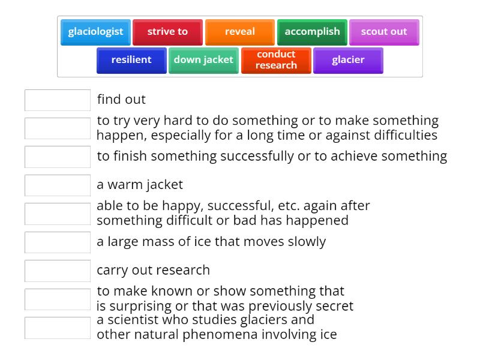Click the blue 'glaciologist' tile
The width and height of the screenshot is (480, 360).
[95, 32]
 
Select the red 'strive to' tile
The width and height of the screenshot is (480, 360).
[167, 32]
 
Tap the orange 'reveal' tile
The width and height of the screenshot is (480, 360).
[240, 32]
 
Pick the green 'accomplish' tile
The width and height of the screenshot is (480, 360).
[312, 32]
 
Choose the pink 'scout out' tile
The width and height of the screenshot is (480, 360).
[384, 32]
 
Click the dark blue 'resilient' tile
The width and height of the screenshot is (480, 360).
[131, 60]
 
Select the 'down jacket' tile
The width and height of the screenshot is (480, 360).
[203, 60]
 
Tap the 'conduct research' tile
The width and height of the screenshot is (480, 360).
[276, 60]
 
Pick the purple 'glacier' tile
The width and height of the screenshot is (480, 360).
[348, 60]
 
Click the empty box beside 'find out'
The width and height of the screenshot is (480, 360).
[58, 100]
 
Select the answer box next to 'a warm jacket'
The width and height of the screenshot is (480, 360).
[58, 185]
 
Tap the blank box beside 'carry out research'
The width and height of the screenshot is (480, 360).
[58, 271]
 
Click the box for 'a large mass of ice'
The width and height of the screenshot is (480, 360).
[58, 242]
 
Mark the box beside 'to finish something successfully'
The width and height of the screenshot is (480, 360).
[58, 157]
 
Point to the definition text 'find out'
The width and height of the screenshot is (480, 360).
[121, 100]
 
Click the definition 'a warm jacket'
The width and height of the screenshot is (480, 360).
[140, 185]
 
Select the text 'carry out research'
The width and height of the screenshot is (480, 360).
[153, 270]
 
